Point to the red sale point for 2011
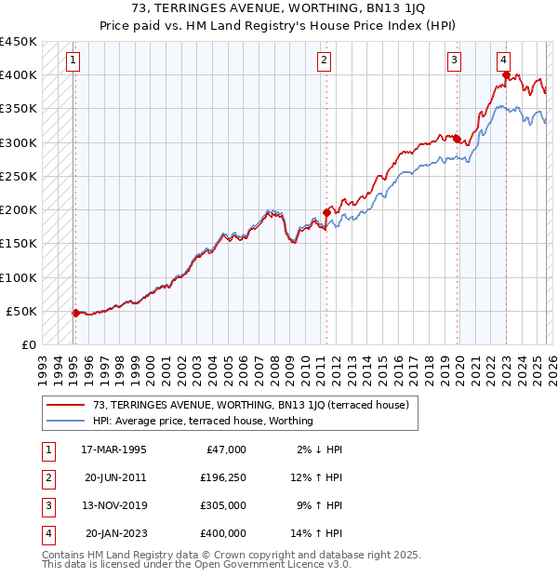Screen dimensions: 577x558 326,212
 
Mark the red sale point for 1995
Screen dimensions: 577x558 75,313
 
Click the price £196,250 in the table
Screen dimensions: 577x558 223,476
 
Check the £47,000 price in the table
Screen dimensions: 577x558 224,450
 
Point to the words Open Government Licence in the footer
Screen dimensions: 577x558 267,564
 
